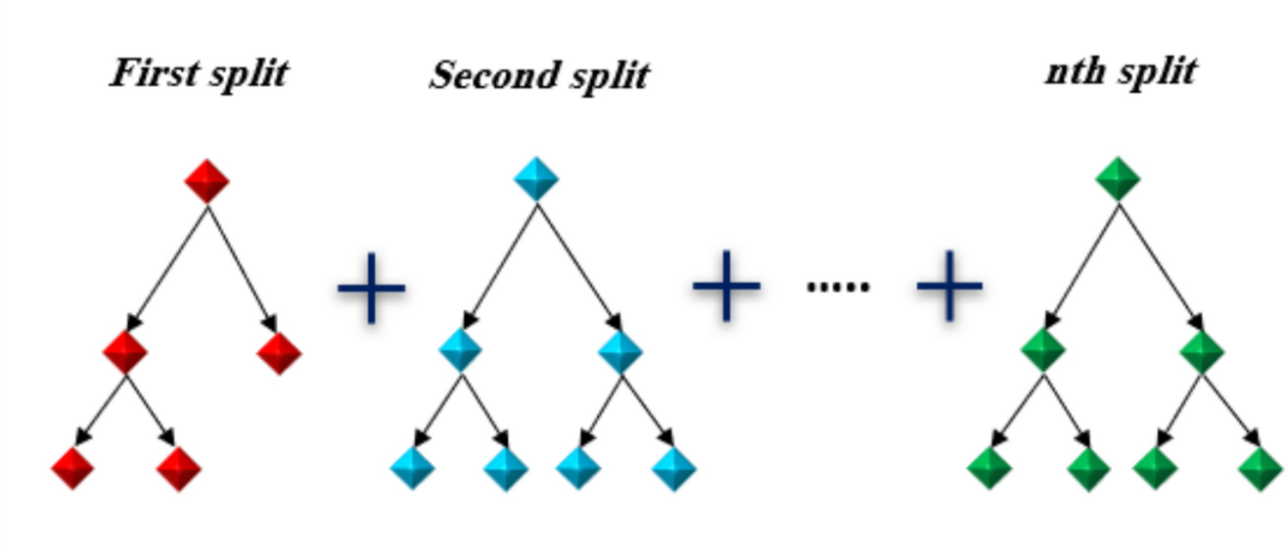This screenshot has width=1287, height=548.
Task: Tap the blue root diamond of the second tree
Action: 536,180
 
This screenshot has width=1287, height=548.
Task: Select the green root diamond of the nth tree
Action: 1118,180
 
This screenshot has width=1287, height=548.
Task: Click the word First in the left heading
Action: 147,73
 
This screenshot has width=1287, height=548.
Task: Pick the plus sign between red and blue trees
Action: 371,289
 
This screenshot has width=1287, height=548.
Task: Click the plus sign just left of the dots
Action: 726,286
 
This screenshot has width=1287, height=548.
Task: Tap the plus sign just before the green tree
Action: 948,286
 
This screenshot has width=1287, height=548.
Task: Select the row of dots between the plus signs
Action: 838,286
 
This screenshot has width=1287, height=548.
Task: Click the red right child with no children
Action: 279,352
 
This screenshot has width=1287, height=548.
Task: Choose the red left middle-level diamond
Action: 125,350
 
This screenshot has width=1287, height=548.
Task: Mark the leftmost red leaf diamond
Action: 73,468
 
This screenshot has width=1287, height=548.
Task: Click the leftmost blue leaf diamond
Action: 412,468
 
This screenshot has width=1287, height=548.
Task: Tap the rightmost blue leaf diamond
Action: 674,468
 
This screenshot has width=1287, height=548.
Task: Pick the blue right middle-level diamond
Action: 621,350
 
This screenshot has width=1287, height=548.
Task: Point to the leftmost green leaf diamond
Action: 989,468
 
